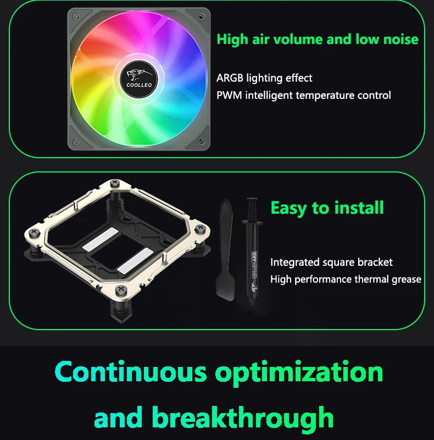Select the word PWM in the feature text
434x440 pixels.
pyautogui.click(x=229, y=96)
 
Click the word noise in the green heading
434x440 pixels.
pyautogui.click(x=401, y=39)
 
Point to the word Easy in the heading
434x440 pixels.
pyautogui.click(x=288, y=209)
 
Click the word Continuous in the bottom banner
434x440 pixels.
pyautogui.click(x=131, y=371)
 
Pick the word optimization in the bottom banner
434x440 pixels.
pyautogui.click(x=299, y=373)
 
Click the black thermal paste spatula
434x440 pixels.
pyautogui.click(x=225, y=250)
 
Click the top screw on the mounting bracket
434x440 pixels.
pyautogui.click(x=115, y=183)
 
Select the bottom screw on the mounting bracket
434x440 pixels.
pyautogui.click(x=121, y=290)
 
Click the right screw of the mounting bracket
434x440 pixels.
pyautogui.click(x=200, y=228)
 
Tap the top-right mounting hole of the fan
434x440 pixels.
pyautogui.click(x=202, y=16)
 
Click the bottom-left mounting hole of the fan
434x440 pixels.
pyautogui.click(x=76, y=141)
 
